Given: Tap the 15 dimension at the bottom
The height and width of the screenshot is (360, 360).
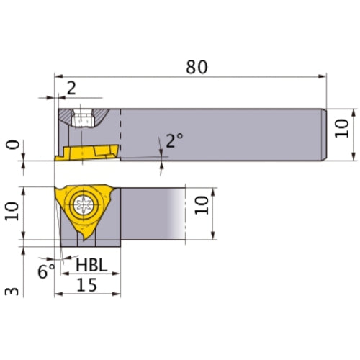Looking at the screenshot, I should [x=88, y=285].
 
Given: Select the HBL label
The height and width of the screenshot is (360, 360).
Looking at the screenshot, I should [x=91, y=266].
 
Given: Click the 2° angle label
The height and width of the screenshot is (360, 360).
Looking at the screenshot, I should [x=174, y=140].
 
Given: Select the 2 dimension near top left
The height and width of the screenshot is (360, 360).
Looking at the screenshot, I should [x=71, y=88].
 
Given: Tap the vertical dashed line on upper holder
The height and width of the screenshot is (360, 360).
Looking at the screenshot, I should [x=120, y=133].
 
